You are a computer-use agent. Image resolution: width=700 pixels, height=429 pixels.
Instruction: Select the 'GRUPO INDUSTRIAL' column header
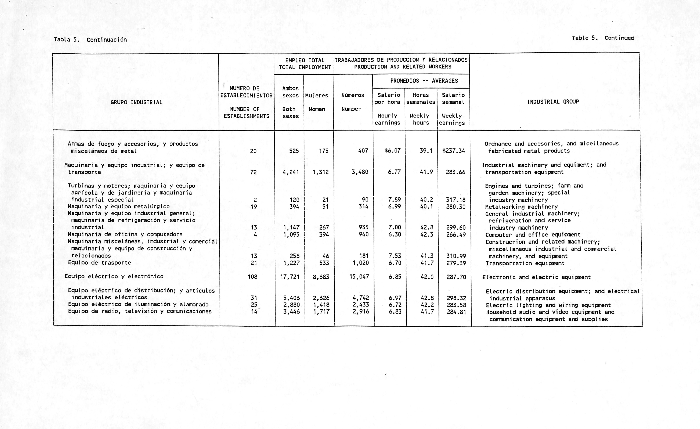click(x=136, y=102)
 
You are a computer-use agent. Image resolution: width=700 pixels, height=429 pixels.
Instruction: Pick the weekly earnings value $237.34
click(x=454, y=151)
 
